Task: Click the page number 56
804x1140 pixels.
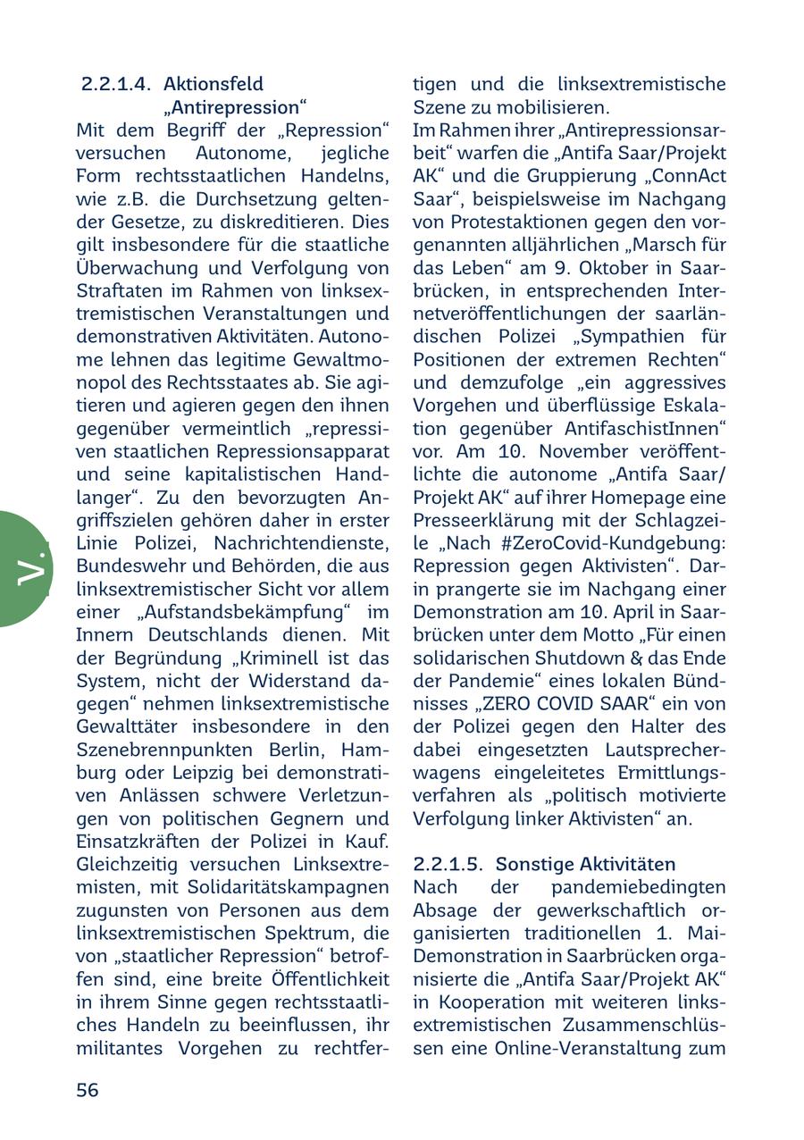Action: (x=88, y=1089)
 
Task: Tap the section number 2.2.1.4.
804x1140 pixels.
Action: (x=116, y=84)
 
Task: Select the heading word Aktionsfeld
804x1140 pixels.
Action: (x=214, y=84)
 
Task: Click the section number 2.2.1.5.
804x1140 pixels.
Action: (x=448, y=864)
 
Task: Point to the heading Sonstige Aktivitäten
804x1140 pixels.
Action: (x=585, y=864)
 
